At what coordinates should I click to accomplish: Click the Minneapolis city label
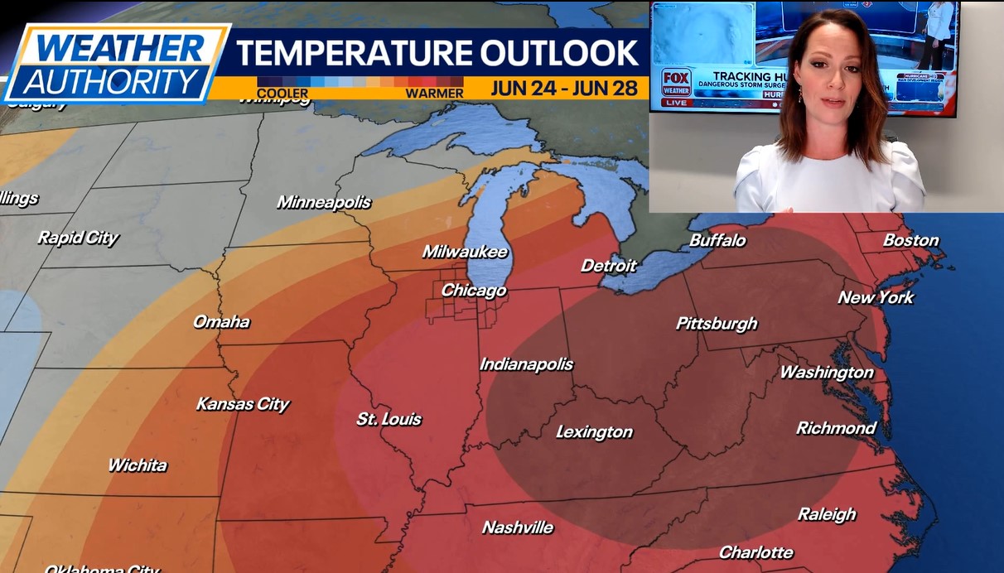(324, 202)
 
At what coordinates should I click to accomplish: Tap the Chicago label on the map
(473, 291)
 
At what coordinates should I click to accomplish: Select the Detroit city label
(609, 266)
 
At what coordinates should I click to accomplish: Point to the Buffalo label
(717, 241)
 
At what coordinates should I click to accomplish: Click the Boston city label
(911, 241)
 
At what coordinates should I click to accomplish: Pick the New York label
(876, 297)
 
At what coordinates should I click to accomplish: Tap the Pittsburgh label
(717, 324)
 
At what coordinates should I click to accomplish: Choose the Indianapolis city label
(526, 364)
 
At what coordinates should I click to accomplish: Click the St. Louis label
(389, 420)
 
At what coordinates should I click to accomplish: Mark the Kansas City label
(243, 404)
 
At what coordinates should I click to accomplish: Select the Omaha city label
(221, 322)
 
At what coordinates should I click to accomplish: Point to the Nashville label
(518, 527)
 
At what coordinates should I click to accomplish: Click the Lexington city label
(594, 432)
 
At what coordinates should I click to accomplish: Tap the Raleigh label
(827, 514)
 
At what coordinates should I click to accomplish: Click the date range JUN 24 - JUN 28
(563, 89)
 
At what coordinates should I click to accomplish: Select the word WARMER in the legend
(434, 93)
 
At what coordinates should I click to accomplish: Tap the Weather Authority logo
(116, 64)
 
